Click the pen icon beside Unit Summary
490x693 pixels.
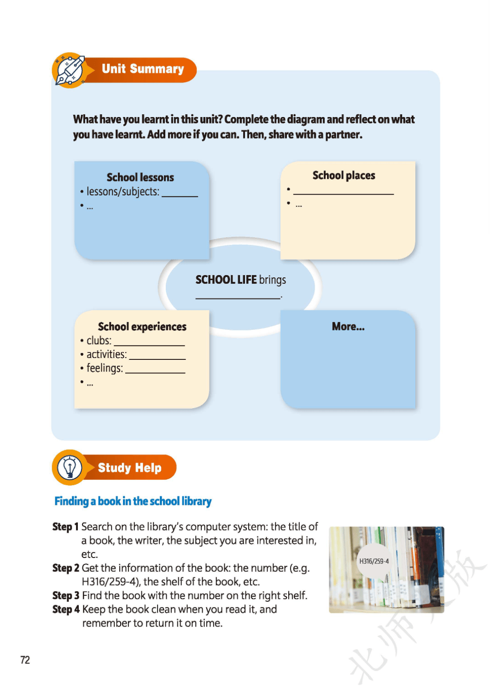coord(70,70)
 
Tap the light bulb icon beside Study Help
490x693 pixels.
coord(70,467)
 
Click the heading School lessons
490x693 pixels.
coord(140,177)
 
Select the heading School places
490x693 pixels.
coord(344,176)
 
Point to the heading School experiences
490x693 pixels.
coord(142,326)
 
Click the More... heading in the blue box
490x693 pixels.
coord(348,326)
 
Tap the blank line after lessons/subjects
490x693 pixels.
coord(180,196)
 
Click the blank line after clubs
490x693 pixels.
coord(149,345)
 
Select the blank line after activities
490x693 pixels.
coord(157,359)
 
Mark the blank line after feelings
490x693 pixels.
coord(155,373)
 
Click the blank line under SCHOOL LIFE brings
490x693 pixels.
coord(238,298)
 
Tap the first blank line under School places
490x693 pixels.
coord(344,194)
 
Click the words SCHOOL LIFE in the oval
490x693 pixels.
coord(226,280)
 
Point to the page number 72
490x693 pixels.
coord(25,660)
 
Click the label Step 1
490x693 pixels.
coord(65,527)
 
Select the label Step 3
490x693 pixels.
coord(66,595)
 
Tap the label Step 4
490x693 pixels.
coord(66,609)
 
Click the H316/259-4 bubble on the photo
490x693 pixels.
coord(374,562)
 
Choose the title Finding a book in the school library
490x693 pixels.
coord(133,501)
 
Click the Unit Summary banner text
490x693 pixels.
coord(143,69)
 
